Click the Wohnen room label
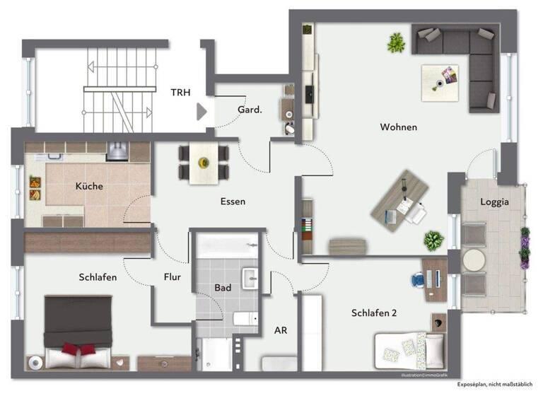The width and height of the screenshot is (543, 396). [398, 127]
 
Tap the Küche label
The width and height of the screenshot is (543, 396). [89, 187]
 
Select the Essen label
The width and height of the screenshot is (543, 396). [233, 202]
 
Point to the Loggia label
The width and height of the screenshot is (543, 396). [494, 202]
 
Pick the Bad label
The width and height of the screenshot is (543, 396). [223, 288]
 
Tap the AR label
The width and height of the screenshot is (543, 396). [280, 330]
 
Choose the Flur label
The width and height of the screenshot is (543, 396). [172, 277]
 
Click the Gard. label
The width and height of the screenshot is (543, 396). [250, 110]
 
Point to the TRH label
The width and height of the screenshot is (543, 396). [181, 92]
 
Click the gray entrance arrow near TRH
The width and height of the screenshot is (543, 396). [202, 111]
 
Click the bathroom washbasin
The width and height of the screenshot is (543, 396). [250, 277]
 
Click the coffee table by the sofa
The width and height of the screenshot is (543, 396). [443, 78]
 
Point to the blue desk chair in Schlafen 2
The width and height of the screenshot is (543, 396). [416, 279]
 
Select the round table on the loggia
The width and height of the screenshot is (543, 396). [472, 258]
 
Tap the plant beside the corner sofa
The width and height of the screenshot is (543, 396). [395, 44]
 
